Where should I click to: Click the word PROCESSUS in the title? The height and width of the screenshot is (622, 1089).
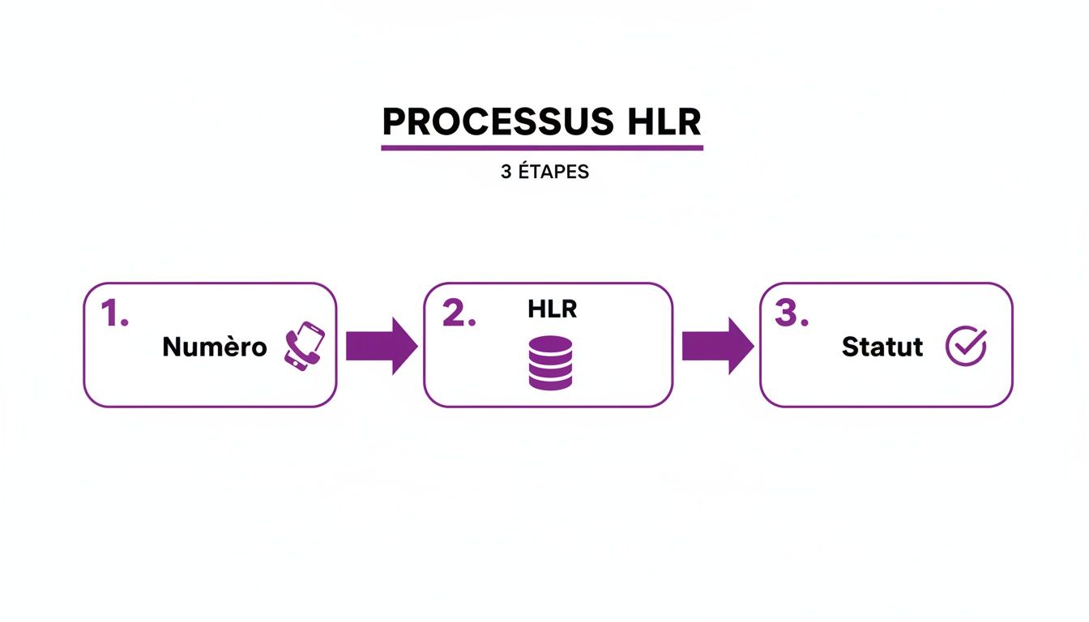click(487, 122)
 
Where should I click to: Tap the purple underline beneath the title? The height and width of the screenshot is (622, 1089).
click(542, 148)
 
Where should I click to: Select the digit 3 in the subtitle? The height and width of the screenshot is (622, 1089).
click(506, 173)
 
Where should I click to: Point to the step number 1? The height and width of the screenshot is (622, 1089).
click(113, 313)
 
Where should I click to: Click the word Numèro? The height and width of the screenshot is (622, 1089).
click(214, 347)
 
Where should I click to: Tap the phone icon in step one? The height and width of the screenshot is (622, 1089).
click(304, 347)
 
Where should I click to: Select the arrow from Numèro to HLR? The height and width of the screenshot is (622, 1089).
click(380, 346)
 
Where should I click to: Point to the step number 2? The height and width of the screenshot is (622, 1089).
click(459, 313)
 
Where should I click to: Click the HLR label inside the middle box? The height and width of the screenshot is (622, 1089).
click(552, 309)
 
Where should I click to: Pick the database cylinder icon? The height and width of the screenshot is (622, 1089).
click(550, 362)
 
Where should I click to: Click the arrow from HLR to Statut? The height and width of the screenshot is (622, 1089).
click(716, 346)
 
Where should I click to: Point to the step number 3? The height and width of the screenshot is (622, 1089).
click(792, 313)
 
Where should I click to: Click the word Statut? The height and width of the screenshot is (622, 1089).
click(882, 347)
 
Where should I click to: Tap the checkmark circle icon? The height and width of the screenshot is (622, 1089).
click(966, 347)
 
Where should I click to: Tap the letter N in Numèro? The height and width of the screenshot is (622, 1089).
click(172, 347)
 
